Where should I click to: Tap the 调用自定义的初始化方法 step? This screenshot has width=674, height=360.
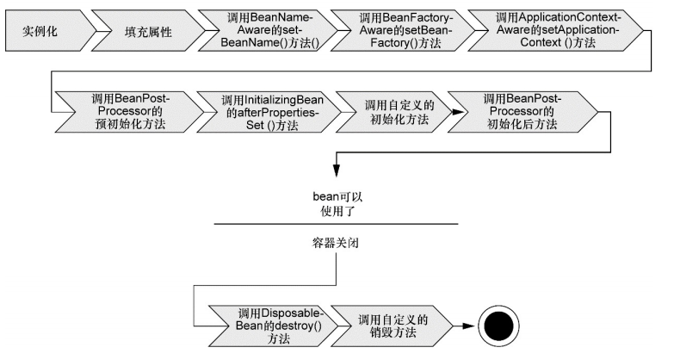pyautogui.click(x=398, y=111)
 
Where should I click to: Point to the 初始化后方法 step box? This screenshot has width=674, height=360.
pyautogui.click(x=522, y=111)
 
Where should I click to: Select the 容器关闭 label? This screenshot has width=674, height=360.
pyautogui.click(x=335, y=243)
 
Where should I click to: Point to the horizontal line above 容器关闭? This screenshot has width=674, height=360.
pyautogui.click(x=335, y=225)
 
